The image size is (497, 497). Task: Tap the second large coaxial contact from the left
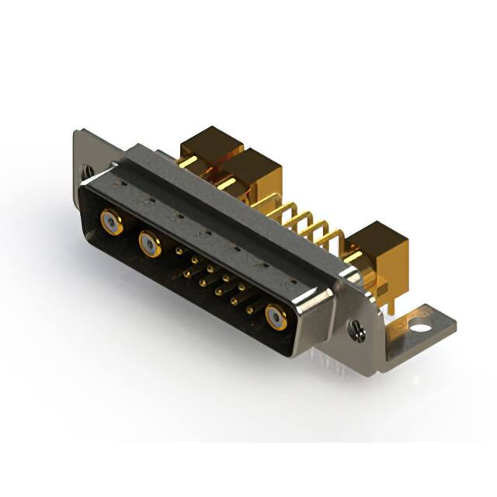click(x=149, y=245)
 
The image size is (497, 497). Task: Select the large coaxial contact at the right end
click(x=276, y=317)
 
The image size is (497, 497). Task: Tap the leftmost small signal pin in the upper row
click(x=180, y=252)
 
